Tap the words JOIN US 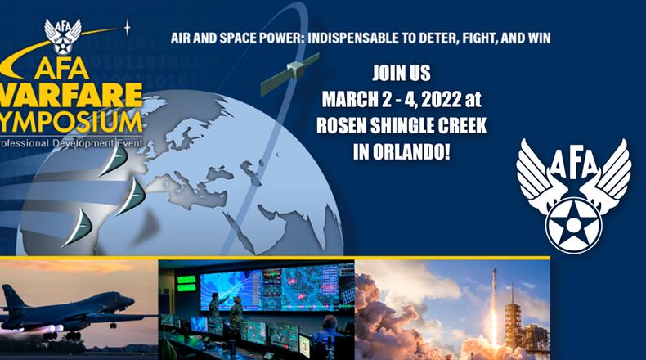[x=401, y=73]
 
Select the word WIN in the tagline [x=537, y=38]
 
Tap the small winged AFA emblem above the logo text [x=63, y=35]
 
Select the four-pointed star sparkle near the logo [x=128, y=26]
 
